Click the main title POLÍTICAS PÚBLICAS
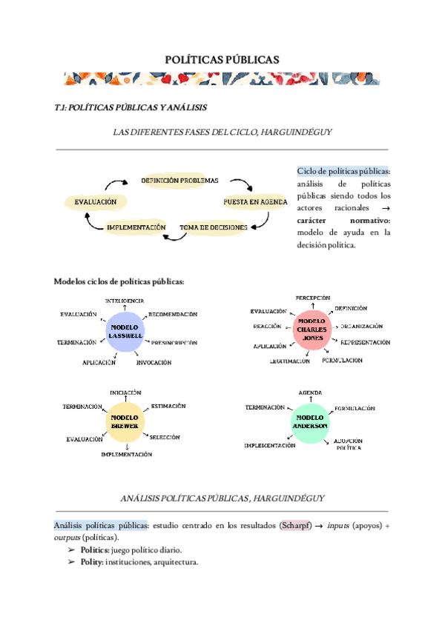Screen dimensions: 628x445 [x=222, y=60]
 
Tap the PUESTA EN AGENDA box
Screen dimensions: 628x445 [x=255, y=201]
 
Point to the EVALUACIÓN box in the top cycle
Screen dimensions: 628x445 [x=96, y=201]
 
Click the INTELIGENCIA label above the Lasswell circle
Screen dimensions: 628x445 [x=125, y=301]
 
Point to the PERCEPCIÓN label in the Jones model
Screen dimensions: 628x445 [x=312, y=298]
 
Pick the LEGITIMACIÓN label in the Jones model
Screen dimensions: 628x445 [x=290, y=361]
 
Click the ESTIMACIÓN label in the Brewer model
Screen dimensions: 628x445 [x=168, y=406]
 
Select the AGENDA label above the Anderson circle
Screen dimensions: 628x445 [x=310, y=392]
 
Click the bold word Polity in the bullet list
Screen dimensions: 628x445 [x=93, y=562]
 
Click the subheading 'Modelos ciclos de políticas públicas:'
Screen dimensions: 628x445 [x=119, y=281]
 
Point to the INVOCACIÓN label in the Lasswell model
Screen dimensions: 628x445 [x=154, y=363]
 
